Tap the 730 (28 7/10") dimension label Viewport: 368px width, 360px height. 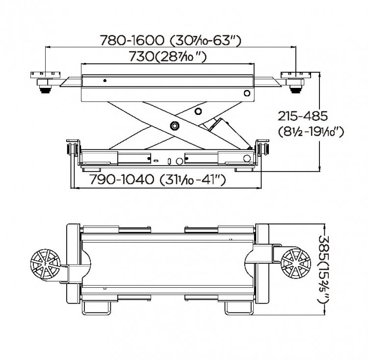coord(168,57)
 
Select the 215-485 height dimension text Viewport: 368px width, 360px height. coord(303,116)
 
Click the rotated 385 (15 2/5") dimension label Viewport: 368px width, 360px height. coord(323,270)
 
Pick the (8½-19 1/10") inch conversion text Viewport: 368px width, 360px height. coord(311,132)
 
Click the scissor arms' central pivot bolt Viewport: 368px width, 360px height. coord(175,126)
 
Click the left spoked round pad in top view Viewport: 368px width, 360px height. coord(45,264)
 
